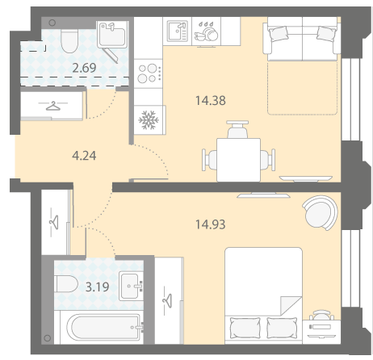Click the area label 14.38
click(211, 101)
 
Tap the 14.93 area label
click(211, 224)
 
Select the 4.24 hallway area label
click(84, 156)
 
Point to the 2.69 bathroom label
click(84, 68)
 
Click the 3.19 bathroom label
click(97, 287)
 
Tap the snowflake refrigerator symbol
click(149, 119)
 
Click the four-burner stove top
click(149, 73)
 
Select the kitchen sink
click(177, 31)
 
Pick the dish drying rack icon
click(206, 32)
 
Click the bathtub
click(103, 328)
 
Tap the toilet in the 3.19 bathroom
click(66, 283)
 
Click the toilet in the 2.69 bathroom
click(69, 41)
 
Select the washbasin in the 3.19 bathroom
click(130, 286)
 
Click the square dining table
click(238, 160)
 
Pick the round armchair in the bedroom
click(321, 212)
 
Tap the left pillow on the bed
click(245, 328)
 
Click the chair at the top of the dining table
click(237, 129)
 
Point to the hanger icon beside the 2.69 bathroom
click(52, 106)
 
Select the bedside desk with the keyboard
click(321, 332)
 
